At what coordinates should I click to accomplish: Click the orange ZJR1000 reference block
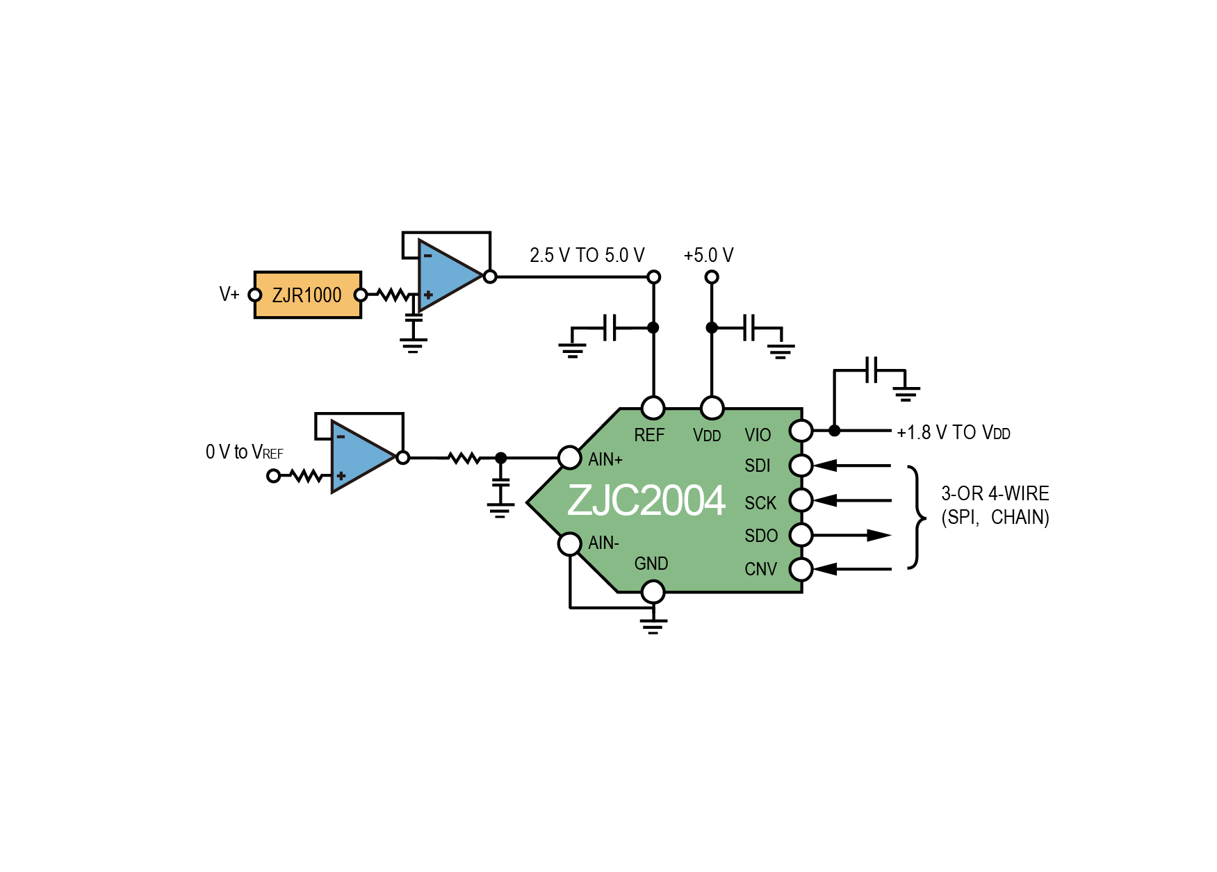308,295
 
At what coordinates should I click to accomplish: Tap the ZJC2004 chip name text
646,500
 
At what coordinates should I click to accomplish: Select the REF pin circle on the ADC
653,408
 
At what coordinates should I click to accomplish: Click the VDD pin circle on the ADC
712,408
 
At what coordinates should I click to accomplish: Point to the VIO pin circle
801,431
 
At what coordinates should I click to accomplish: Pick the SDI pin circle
801,466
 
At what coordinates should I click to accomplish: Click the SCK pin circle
801,500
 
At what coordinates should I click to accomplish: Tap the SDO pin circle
801,535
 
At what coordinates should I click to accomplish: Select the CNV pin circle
801,569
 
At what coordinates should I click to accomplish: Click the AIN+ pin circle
570,458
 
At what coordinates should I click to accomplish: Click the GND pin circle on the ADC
653,592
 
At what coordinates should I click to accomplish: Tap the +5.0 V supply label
708,256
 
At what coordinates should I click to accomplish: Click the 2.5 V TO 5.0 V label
587,256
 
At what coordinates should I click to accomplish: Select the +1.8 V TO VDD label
954,433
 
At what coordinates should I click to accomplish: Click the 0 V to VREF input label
245,452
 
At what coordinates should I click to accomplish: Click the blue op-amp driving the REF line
450,277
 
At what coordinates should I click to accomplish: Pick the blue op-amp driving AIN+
363,457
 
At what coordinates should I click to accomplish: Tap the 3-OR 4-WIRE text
995,494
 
